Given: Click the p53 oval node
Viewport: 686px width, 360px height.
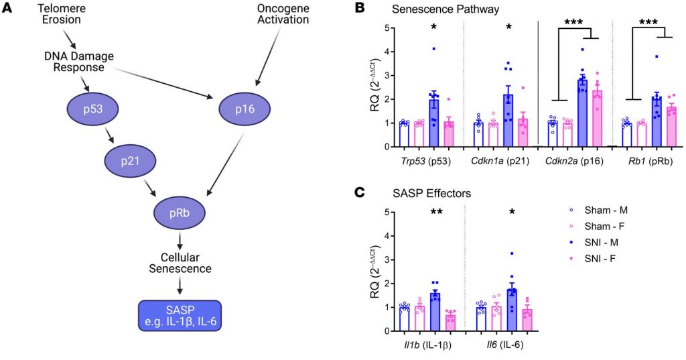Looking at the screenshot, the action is tap(92, 109).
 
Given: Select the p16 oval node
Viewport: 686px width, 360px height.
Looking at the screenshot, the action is tap(245, 109).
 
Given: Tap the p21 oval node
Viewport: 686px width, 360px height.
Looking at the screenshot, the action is tap(130, 161).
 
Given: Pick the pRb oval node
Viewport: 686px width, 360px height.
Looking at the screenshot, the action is tap(180, 214).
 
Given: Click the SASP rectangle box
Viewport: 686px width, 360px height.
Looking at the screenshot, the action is tap(180, 316).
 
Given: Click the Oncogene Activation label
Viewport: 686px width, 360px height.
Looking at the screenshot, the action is tap(283, 13).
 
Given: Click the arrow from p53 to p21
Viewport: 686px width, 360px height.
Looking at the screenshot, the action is tap(108, 135).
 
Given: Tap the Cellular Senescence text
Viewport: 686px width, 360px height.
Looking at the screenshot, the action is tap(180, 262).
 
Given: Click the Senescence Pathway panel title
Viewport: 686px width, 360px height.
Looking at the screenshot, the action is tap(445, 9).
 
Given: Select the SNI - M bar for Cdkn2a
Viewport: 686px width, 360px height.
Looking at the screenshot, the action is tap(582, 113).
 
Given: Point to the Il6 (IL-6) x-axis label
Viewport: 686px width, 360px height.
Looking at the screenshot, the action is tap(502, 345).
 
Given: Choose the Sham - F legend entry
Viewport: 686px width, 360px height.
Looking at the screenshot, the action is tap(601, 227).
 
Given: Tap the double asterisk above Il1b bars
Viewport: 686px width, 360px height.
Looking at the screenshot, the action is tap(436, 213).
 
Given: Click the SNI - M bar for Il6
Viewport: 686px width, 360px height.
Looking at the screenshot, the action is tap(510, 310).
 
